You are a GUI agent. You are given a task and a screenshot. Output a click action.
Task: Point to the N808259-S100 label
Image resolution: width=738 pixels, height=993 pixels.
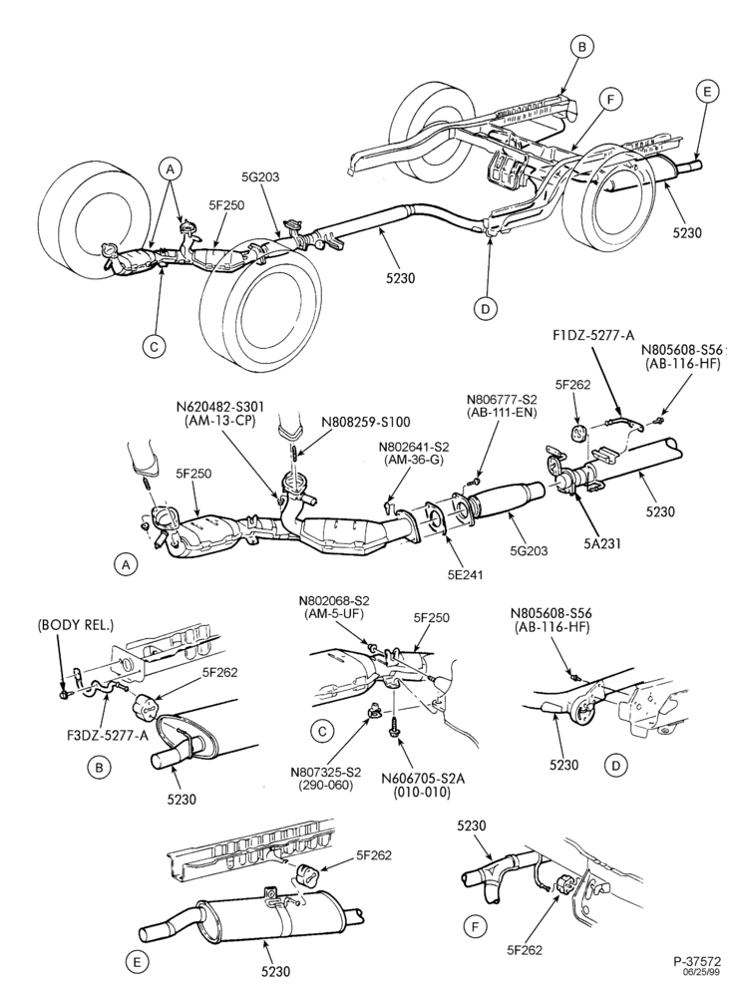(367, 422)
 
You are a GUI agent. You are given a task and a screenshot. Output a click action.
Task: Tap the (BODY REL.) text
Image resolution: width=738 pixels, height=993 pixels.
(76, 625)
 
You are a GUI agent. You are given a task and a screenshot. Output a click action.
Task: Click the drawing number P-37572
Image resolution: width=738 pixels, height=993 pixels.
(697, 961)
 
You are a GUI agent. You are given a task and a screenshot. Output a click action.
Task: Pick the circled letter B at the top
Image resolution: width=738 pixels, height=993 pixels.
(581, 46)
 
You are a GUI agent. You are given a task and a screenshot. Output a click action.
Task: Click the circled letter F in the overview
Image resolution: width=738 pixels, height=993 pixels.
(610, 100)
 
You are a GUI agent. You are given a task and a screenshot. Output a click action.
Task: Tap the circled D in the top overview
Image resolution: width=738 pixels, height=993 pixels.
(486, 308)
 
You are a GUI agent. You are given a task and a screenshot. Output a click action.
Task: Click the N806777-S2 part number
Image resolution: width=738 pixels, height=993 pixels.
(502, 400)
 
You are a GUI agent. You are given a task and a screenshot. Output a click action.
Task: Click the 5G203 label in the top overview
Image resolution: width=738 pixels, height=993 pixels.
(259, 176)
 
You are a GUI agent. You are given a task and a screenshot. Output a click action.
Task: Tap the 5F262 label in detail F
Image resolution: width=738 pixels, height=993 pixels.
(527, 949)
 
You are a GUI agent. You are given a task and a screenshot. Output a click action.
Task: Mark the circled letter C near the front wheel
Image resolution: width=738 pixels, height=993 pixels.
(154, 346)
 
